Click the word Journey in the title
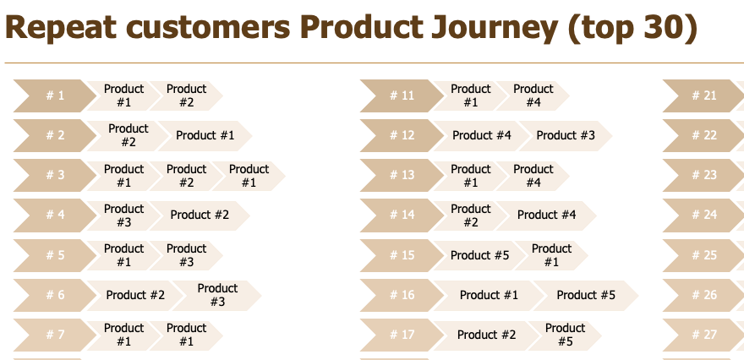pos(494,28)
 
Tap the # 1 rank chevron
pos(55,95)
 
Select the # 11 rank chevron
pos(402,95)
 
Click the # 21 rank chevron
pos(703,95)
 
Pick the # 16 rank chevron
pos(402,295)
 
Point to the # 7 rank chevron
pos(55,335)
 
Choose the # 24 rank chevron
pos(703,215)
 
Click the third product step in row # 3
pos(249,176)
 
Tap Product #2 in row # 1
pos(187,95)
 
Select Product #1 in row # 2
pos(205,136)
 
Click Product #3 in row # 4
pos(123,215)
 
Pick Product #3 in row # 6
pos(216,295)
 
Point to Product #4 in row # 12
pos(481,136)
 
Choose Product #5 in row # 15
pos(479,255)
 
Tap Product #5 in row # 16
pos(586,295)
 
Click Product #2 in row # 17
pos(486,335)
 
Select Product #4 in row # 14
pos(546,215)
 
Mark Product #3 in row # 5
pos(187,255)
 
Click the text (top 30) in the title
pos(632,28)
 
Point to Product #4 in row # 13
pos(533,176)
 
